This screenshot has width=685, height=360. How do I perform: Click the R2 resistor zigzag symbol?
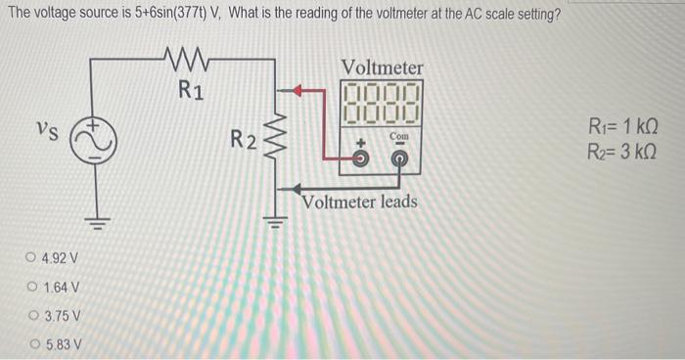tap(274, 140)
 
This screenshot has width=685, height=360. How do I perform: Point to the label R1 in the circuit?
tap(191, 91)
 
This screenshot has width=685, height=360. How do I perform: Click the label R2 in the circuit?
tap(244, 141)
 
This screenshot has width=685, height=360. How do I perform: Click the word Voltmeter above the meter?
tap(382, 67)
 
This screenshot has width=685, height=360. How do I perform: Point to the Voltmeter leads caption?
tap(360, 202)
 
